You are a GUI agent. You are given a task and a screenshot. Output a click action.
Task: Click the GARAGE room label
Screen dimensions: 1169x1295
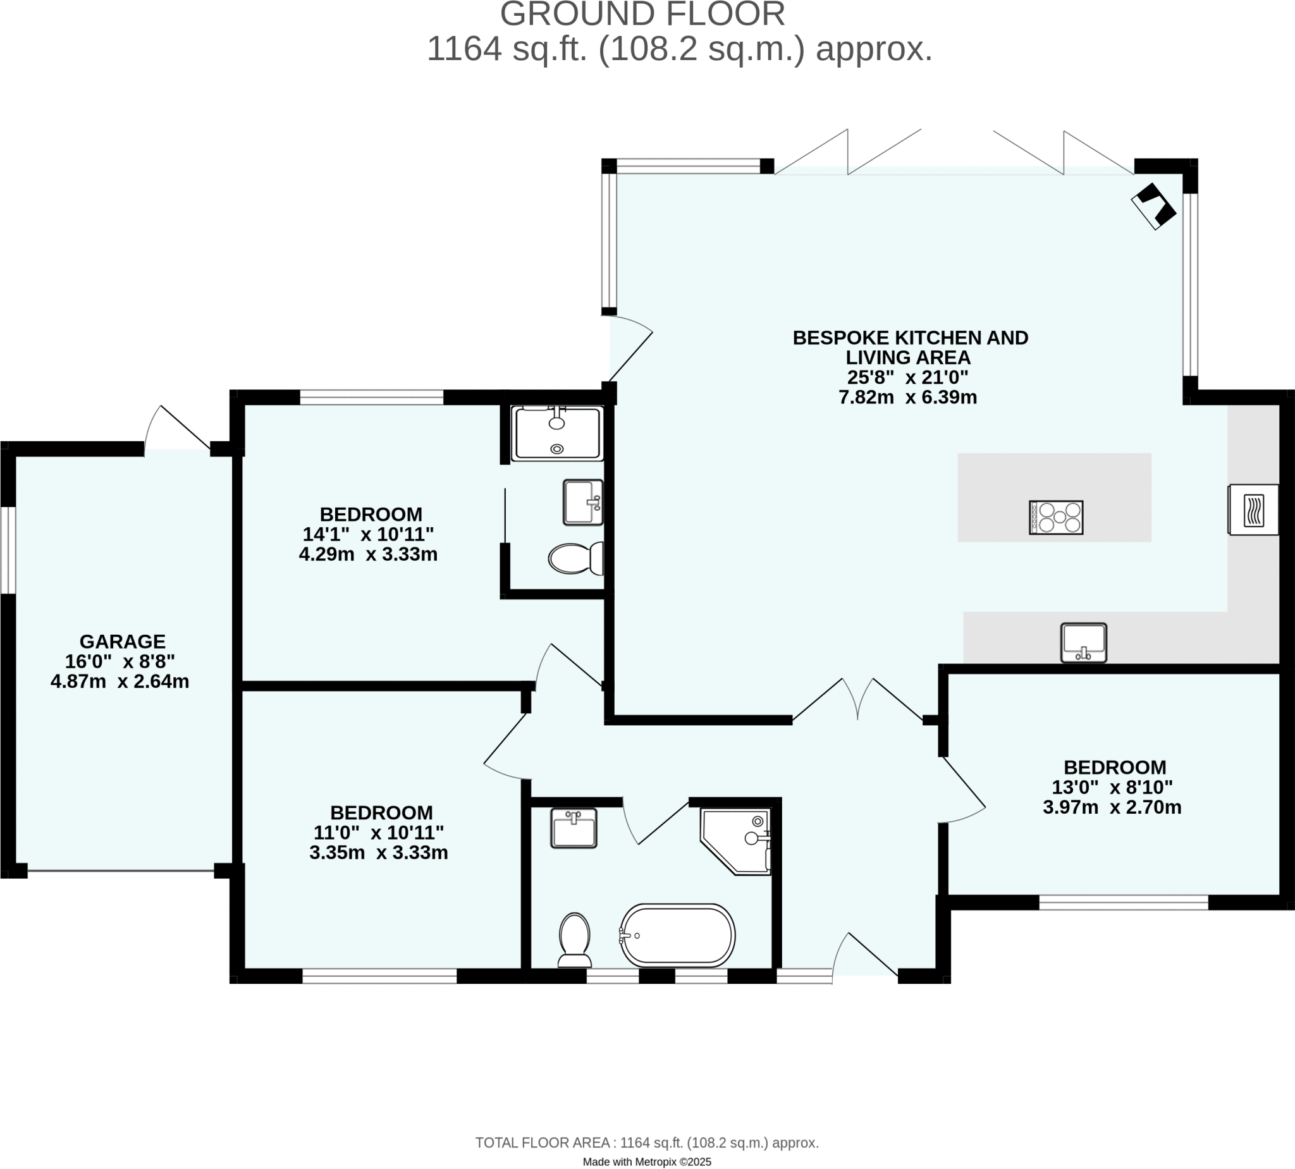[122, 641]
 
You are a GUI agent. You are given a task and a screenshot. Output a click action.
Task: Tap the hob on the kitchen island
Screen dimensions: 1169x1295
[1056, 517]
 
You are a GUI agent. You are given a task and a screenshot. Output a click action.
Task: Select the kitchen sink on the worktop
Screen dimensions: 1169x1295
[1084, 642]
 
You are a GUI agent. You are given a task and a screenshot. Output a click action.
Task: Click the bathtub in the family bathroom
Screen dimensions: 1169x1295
[678, 935]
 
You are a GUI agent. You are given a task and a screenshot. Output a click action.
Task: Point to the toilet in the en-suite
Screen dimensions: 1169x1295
[575, 558]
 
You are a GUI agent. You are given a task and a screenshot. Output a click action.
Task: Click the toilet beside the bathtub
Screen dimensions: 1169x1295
[575, 939]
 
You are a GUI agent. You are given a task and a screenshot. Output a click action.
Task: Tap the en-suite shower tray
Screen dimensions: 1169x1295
[557, 434]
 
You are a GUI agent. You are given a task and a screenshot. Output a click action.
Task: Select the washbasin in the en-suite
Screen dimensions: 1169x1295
[582, 502]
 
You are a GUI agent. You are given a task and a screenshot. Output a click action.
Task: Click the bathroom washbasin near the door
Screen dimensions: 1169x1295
[574, 828]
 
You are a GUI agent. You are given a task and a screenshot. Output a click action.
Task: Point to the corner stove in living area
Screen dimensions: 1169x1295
[1154, 206]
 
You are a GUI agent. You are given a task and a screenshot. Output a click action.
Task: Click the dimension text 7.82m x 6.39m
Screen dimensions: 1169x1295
[907, 397]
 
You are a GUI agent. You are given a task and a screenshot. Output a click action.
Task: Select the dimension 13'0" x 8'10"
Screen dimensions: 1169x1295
[1112, 787]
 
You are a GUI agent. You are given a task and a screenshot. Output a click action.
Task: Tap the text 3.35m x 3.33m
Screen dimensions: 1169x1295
[378, 852]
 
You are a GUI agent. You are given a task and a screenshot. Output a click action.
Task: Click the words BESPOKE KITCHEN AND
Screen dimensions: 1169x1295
[910, 337]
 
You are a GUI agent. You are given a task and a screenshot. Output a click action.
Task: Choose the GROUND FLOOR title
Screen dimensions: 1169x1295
[642, 14]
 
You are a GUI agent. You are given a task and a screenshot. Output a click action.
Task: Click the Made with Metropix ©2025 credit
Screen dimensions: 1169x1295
[647, 1161]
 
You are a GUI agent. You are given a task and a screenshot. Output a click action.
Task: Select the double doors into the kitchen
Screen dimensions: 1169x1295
[858, 700]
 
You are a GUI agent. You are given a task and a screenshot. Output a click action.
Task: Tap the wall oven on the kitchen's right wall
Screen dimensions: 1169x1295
[1253, 510]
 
